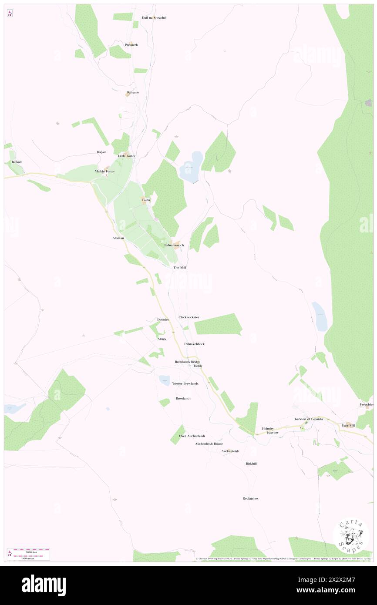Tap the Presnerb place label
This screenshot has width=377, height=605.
tap(131, 45)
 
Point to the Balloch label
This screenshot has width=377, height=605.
tap(17, 162)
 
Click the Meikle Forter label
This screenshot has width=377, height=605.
tap(105, 171)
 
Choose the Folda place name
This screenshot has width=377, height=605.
tap(146, 200)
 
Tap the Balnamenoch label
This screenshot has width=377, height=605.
tap(174, 245)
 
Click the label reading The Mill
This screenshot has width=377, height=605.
tap(180, 267)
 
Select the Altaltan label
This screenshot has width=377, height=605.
tap(118, 238)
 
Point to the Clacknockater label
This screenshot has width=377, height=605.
tap(189, 317)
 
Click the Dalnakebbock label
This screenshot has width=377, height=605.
tap(194, 344)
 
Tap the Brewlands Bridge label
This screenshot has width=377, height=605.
tap(188, 362)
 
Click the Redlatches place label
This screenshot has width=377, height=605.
tap(250, 498)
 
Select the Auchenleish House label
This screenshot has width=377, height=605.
tap(209, 444)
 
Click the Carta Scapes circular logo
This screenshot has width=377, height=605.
tap(351, 536)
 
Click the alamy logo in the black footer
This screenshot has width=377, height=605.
tap(44, 585)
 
